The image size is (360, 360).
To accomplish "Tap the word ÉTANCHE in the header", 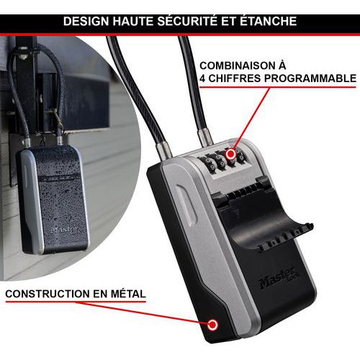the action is click(269, 20).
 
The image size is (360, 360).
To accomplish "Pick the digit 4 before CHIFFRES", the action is click(202, 78).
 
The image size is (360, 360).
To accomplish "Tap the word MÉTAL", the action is click(128, 294).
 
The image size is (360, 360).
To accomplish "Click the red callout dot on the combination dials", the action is click(231, 154).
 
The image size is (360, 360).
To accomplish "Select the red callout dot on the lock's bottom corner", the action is click(212, 325).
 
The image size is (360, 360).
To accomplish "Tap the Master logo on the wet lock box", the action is click(64, 229).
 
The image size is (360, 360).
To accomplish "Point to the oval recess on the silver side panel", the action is click(186, 204).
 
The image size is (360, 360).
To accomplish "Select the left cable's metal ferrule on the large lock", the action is click(163, 150).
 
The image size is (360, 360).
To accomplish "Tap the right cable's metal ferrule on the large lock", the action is click(205, 137).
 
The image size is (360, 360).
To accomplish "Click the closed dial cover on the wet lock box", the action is click(58, 178).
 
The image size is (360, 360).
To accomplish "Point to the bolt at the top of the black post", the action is click(23, 56).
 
